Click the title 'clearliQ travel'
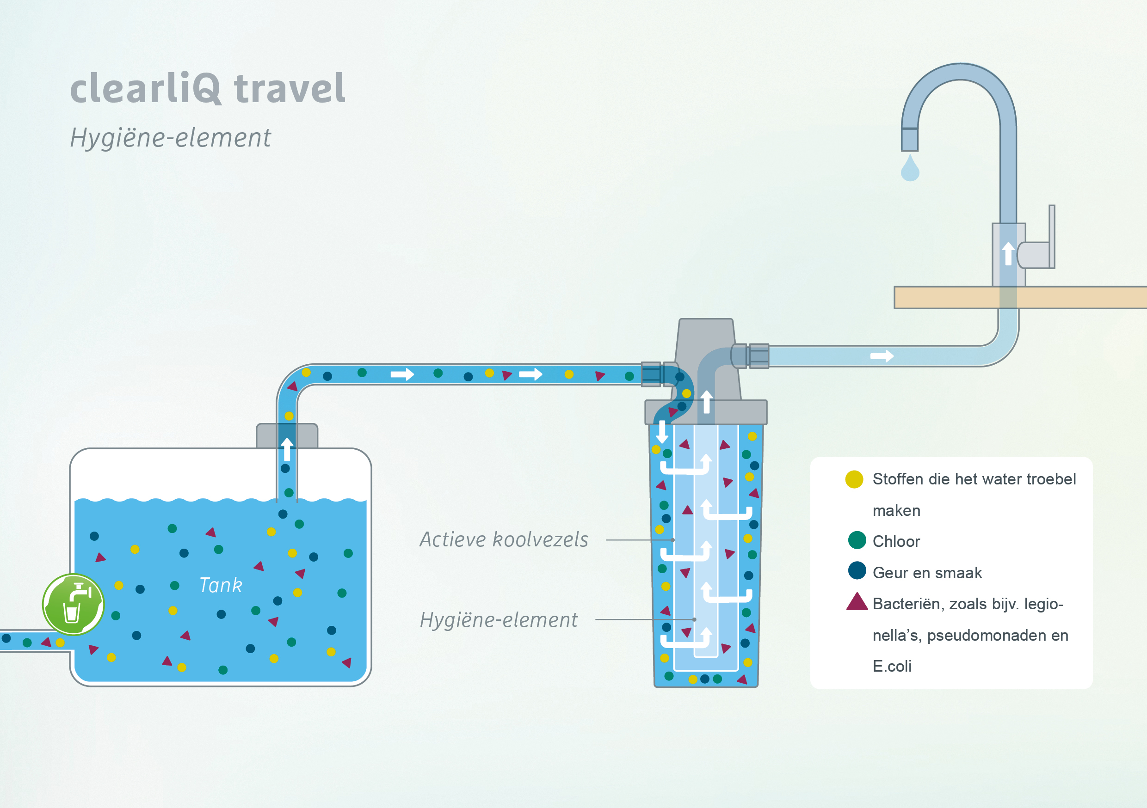(207, 88)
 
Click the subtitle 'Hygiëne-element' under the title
(170, 137)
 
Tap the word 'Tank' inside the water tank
(220, 585)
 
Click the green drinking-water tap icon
(74, 604)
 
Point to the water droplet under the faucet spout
(910, 169)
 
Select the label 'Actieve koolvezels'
(504, 539)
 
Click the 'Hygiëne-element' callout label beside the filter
(499, 620)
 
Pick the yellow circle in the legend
(854, 479)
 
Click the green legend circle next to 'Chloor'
(857, 540)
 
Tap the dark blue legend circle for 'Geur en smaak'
(857, 571)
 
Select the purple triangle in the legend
(857, 602)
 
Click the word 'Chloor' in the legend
(896, 541)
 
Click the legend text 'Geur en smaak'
(927, 573)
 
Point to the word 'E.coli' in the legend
(892, 666)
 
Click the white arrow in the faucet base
(1008, 253)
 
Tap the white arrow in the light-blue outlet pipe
(882, 356)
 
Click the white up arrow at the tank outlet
(287, 449)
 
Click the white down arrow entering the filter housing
(662, 431)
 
